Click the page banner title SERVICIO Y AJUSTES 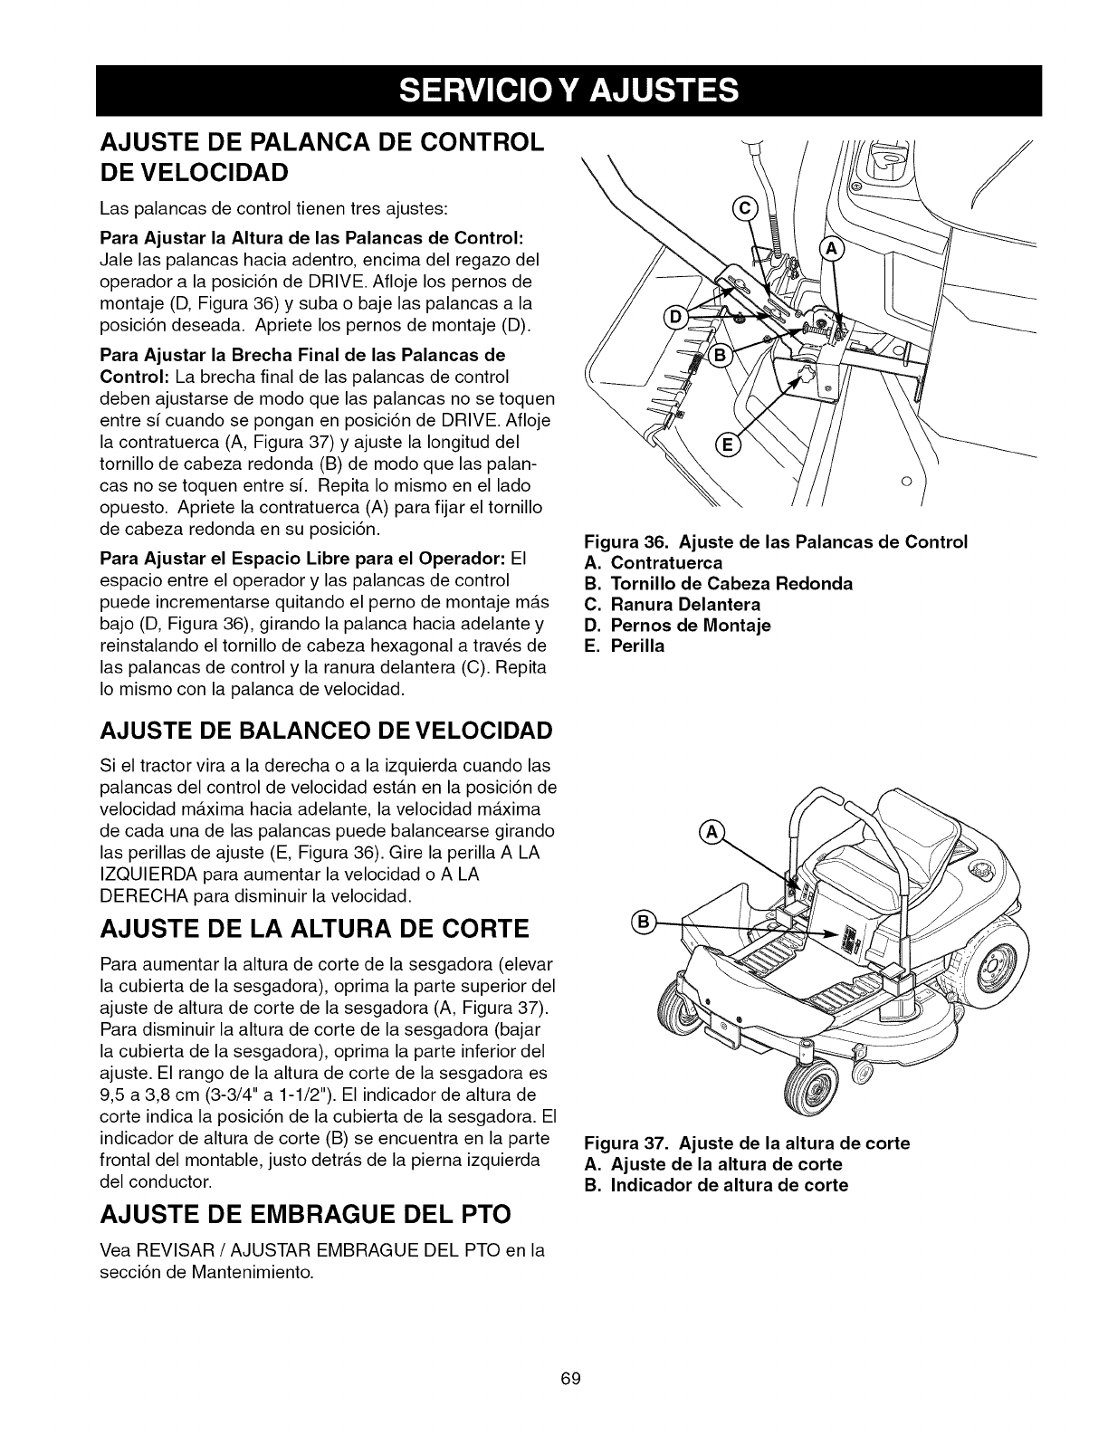click(x=553, y=91)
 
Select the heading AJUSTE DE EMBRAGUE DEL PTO click(x=305, y=1213)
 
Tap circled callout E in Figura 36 click(x=726, y=445)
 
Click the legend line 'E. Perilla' click(x=626, y=645)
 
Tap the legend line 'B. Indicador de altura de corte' click(x=717, y=1185)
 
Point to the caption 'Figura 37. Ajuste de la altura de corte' click(x=747, y=1142)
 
